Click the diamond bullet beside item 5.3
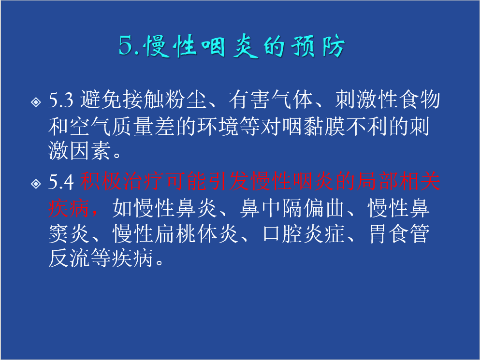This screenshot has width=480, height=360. pyautogui.click(x=36, y=102)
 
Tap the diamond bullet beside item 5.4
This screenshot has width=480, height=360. pyautogui.click(x=36, y=183)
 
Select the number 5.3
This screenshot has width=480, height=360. pyautogui.click(x=61, y=100)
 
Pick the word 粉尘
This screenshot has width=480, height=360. pyautogui.click(x=186, y=100)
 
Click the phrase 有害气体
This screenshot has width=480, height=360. pyautogui.click(x=271, y=100)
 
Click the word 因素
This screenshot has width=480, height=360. pyautogui.click(x=90, y=150)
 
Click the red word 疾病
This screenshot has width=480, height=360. pyautogui.click(x=69, y=208)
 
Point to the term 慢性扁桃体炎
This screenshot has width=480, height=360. pyautogui.click(x=175, y=234)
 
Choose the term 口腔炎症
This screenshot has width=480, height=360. pyautogui.click(x=303, y=234)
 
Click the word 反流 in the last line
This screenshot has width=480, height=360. pyautogui.click(x=69, y=258)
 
